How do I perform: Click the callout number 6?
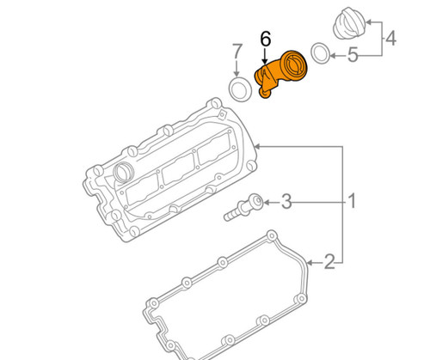(x=266, y=40)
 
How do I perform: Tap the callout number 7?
(x=237, y=52)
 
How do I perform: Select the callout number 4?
(x=390, y=39)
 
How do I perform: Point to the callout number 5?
(x=353, y=54)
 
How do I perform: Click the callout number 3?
(x=286, y=201)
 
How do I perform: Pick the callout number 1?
(x=353, y=201)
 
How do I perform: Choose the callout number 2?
(x=329, y=261)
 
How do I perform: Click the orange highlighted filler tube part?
(x=281, y=74)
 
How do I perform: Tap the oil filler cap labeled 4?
(x=349, y=23)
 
